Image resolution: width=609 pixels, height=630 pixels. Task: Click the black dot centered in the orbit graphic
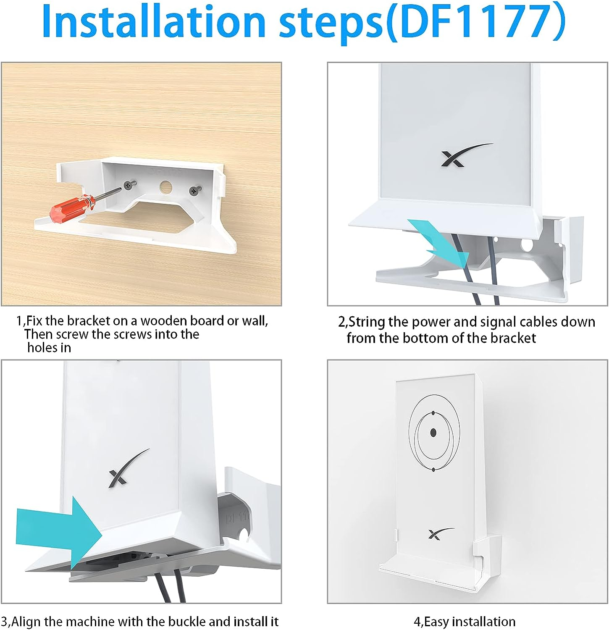[433, 433]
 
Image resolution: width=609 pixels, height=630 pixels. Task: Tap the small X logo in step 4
[439, 533]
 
